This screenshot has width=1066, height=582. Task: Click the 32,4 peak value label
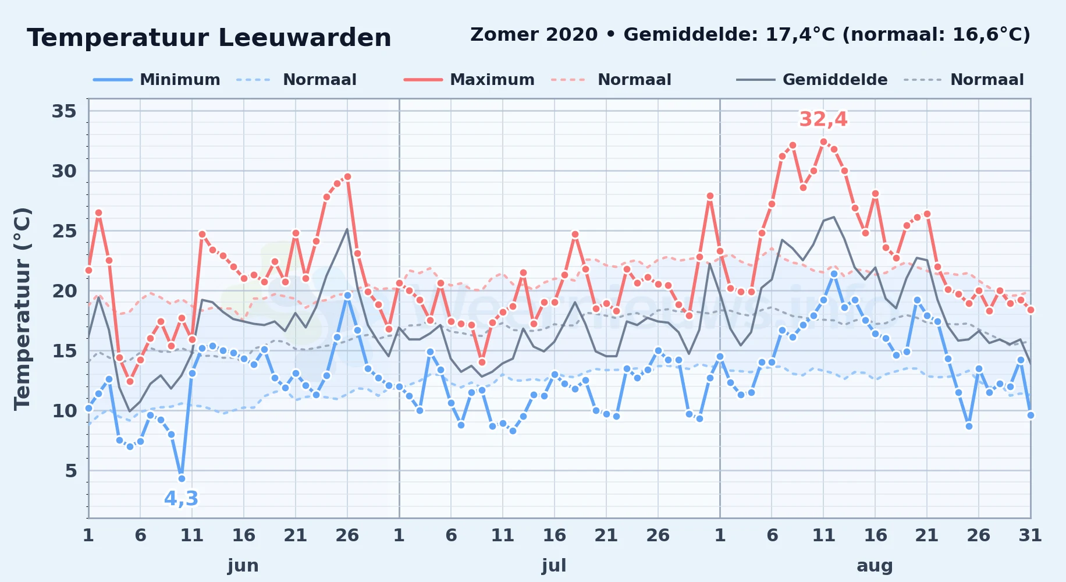(823, 119)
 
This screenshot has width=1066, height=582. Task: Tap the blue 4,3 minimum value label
(181, 499)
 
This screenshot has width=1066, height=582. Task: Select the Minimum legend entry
(157, 80)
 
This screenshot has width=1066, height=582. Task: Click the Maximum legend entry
(469, 80)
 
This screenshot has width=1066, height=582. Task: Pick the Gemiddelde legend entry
(812, 80)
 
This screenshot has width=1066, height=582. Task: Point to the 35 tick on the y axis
(64, 111)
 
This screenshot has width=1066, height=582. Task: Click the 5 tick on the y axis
(71, 471)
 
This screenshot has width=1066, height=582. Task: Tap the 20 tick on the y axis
(64, 291)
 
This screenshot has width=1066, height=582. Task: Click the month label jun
(243, 566)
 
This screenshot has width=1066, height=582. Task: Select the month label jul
(554, 566)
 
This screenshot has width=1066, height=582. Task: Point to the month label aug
(875, 566)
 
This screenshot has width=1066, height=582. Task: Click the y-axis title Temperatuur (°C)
(22, 309)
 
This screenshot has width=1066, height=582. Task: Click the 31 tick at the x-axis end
(1030, 535)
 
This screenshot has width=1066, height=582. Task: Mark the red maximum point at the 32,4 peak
(823, 142)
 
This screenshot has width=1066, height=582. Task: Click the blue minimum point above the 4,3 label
(182, 478)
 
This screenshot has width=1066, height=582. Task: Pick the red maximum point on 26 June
(347, 176)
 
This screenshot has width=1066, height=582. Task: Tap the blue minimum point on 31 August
(1031, 415)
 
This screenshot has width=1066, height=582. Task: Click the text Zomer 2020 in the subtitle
(534, 34)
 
